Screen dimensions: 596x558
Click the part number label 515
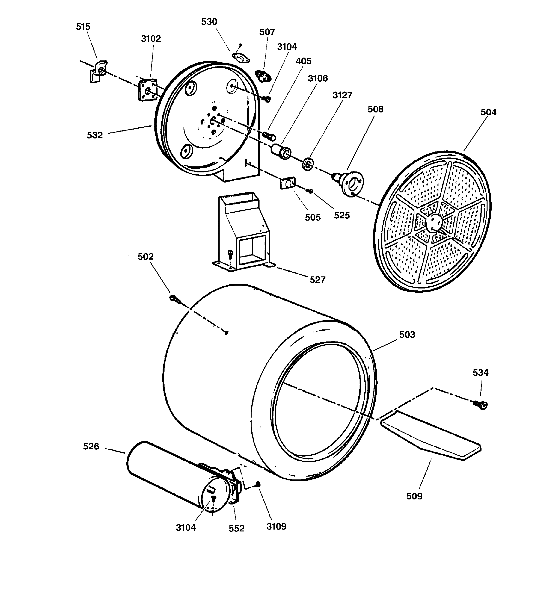pyautogui.click(x=83, y=27)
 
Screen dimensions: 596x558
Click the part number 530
pyautogui.click(x=209, y=22)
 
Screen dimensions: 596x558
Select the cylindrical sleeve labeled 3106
pyautogui.click(x=281, y=152)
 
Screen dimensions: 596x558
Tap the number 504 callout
pyautogui.click(x=488, y=112)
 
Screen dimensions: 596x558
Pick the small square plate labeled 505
pyautogui.click(x=287, y=183)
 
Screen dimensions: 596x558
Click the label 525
pyautogui.click(x=342, y=215)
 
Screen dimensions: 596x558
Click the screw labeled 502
pyautogui.click(x=175, y=298)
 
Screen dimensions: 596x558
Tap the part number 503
pyautogui.click(x=407, y=334)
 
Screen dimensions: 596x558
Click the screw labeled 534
pyautogui.click(x=481, y=405)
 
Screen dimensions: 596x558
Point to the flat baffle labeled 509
pyautogui.click(x=431, y=436)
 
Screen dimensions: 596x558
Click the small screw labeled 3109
pyautogui.click(x=257, y=484)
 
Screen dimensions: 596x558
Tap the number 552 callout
pyautogui.click(x=236, y=528)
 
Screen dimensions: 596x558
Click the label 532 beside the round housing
pyautogui.click(x=95, y=135)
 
